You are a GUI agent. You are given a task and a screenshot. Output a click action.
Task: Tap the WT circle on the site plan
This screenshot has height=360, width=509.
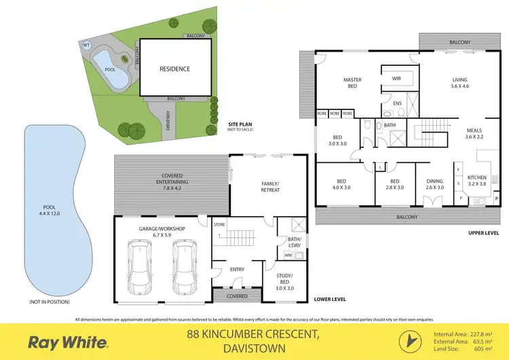(x=86, y=46)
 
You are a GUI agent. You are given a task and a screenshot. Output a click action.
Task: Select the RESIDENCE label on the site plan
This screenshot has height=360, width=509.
(x=174, y=69)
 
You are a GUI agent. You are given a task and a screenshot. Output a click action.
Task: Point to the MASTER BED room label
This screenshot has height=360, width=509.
(x=352, y=84)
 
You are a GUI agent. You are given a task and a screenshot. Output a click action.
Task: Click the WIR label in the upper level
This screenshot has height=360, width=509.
(x=396, y=79)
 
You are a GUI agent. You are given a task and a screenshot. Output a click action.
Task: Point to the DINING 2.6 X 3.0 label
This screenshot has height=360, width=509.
(x=434, y=183)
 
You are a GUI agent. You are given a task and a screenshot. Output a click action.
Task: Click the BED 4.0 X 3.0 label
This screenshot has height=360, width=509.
(x=342, y=184)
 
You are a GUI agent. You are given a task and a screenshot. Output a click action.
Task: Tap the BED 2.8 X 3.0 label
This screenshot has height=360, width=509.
(x=394, y=184)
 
